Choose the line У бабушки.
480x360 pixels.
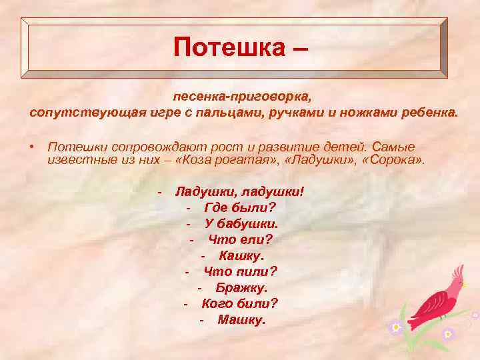tap(241, 223)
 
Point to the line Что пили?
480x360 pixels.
tap(240, 271)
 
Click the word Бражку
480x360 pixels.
tap(241, 287)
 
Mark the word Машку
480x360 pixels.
tap(241, 319)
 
